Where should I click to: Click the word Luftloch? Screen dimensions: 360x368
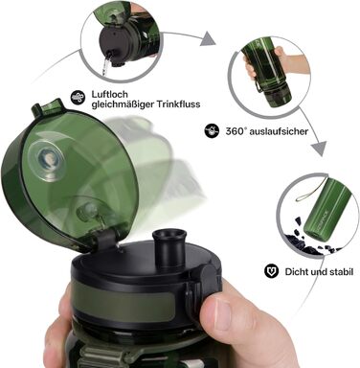105,94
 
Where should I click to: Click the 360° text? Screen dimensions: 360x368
236,131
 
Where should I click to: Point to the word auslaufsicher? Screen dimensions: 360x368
279,131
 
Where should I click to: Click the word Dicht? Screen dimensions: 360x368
295,272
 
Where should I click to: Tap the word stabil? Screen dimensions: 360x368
342,272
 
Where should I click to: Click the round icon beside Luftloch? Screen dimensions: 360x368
78,97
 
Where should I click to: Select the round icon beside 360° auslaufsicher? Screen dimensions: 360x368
212,130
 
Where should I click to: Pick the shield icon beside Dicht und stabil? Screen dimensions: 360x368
271,271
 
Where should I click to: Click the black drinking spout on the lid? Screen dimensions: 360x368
169,247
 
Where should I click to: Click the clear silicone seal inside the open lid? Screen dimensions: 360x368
47,161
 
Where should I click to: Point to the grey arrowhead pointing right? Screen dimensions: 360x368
208,39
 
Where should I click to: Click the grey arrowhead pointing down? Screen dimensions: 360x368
319,149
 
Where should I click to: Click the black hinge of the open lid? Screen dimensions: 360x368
106,238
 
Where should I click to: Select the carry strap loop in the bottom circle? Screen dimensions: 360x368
310,192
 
